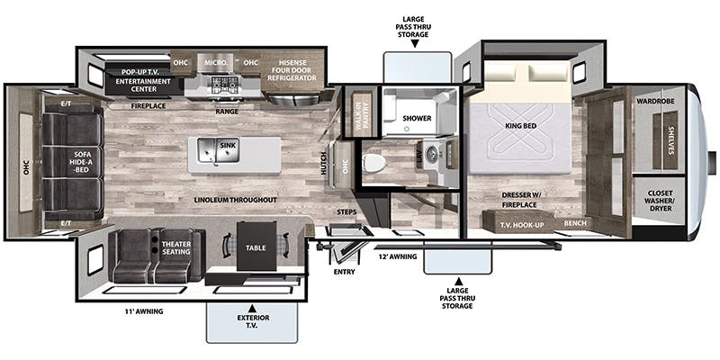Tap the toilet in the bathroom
(374, 163)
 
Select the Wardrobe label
(658, 102)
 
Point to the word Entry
(343, 271)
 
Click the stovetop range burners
(221, 85)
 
